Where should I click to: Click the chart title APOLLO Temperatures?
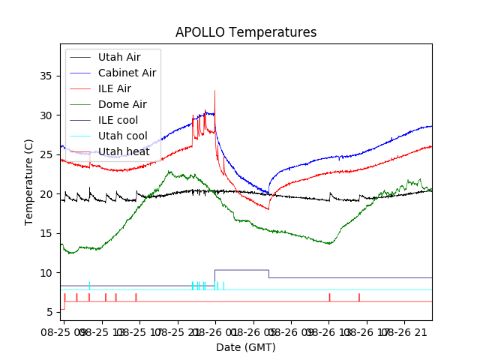(x=246, y=33)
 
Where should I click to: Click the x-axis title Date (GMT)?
(x=246, y=347)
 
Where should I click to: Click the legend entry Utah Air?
(x=118, y=57)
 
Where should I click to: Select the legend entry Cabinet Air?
(x=127, y=73)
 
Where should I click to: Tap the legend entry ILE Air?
(x=114, y=88)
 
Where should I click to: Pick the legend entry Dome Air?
(x=122, y=104)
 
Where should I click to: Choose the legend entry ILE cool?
(x=118, y=120)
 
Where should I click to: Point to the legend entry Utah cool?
(x=122, y=136)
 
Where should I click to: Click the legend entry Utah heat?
(x=124, y=151)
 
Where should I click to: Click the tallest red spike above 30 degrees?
(x=214, y=91)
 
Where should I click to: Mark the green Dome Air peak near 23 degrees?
(x=169, y=172)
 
